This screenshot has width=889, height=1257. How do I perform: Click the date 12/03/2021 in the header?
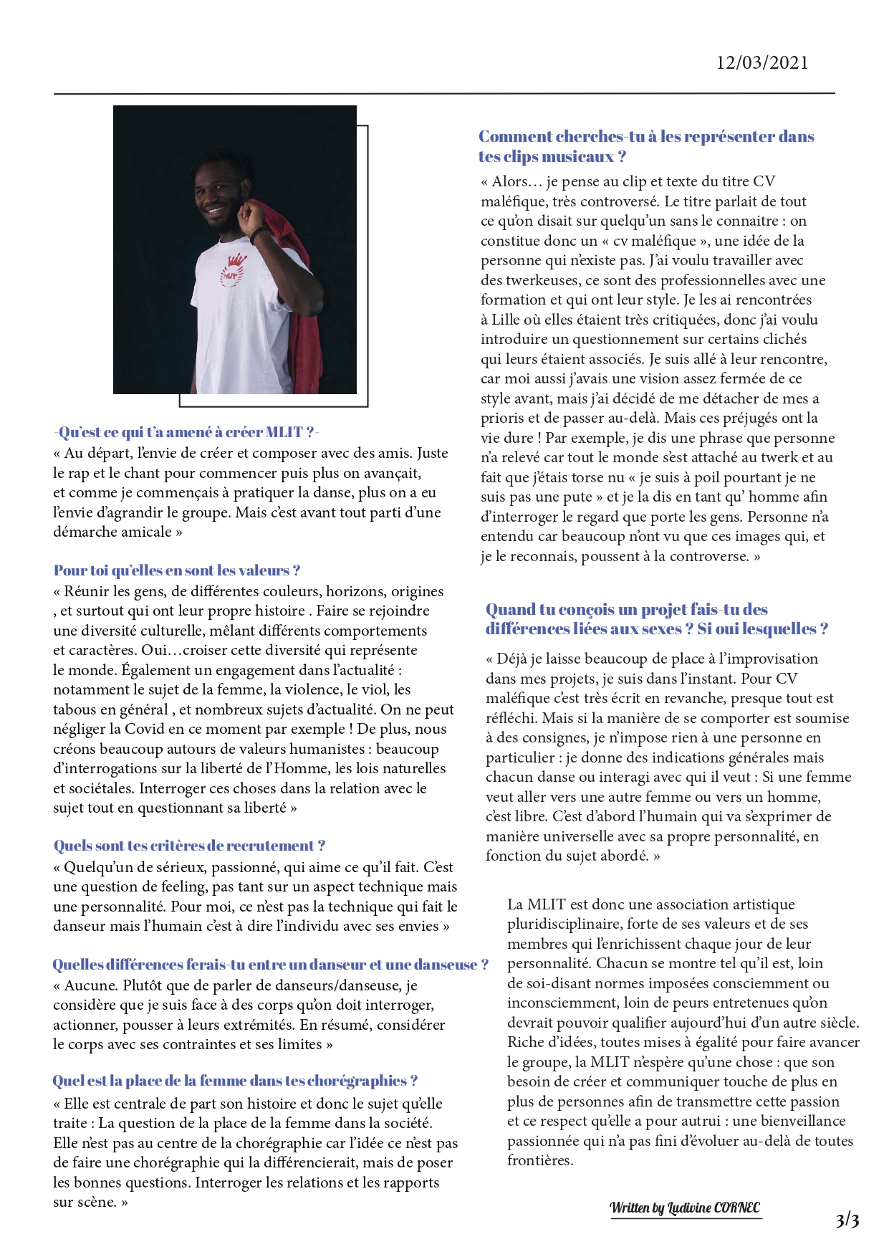click(762, 62)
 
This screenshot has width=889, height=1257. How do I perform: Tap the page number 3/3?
click(847, 1220)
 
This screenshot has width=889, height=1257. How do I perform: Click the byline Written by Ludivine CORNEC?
click(685, 1208)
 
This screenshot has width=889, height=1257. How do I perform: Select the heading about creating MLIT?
click(186, 432)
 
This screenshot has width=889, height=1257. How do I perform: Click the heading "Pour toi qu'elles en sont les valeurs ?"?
click(177, 570)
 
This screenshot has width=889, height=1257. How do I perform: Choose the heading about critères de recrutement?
click(189, 846)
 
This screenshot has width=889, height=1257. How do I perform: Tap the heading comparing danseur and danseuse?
click(270, 965)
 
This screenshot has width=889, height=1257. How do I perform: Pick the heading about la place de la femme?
click(235, 1081)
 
